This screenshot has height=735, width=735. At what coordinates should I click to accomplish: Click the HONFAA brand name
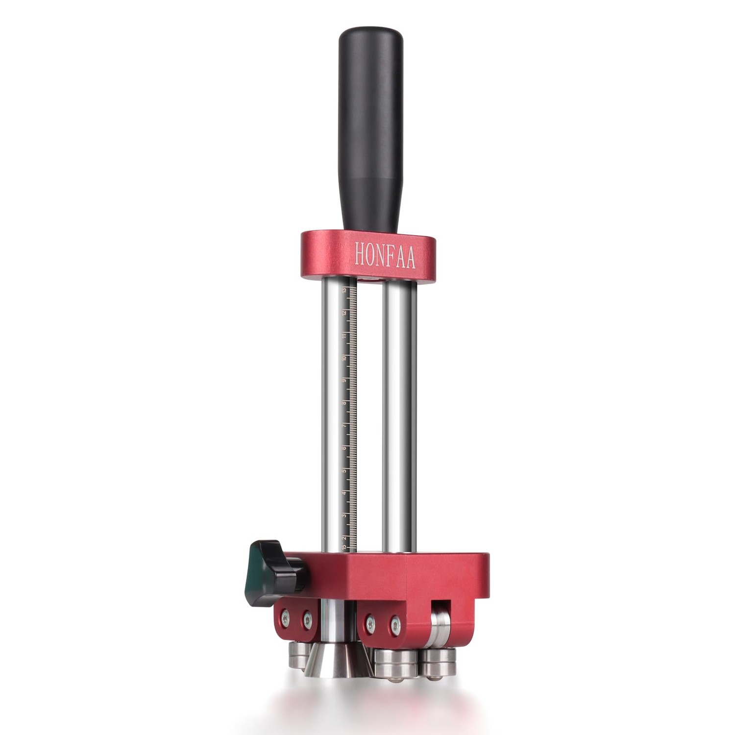[385, 257]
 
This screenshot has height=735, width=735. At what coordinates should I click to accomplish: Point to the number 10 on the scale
[344, 358]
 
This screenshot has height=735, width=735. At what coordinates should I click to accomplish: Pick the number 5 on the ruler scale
[344, 471]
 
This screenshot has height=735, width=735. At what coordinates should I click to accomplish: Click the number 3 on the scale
[344, 515]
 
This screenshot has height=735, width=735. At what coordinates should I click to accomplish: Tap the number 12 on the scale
[345, 313]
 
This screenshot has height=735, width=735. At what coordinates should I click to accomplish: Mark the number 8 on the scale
[344, 403]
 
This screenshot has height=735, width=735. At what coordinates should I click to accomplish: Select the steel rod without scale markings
[399, 416]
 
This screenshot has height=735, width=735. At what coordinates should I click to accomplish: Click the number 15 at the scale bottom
[344, 547]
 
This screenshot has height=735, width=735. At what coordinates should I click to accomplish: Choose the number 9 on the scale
[344, 381]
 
